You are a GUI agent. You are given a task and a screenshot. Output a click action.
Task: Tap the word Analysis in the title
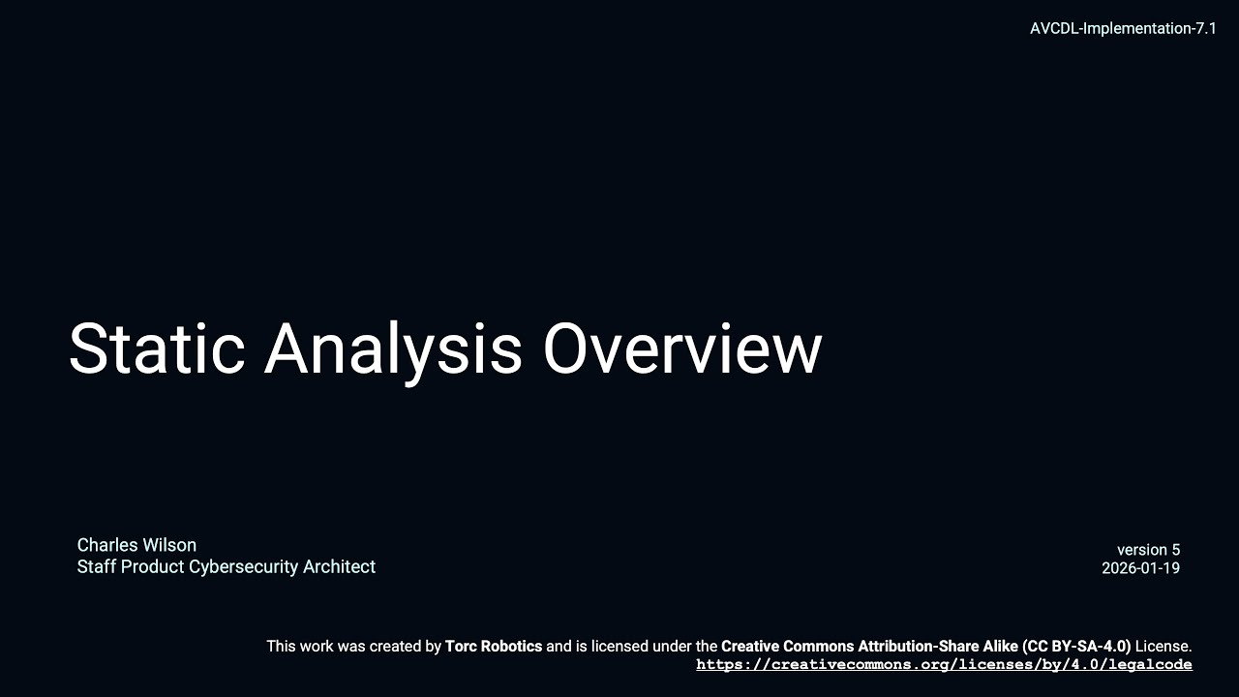pyautogui.click(x=393, y=349)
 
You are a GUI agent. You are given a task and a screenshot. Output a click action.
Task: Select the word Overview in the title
pyautogui.click(x=681, y=349)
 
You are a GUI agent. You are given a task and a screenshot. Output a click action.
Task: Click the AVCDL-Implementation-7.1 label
pyautogui.click(x=1123, y=28)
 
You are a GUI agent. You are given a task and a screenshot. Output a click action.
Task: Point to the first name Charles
pyautogui.click(x=107, y=545)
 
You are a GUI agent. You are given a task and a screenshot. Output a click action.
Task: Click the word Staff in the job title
pyautogui.click(x=95, y=567)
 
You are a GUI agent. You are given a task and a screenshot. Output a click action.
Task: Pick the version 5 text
pyautogui.click(x=1148, y=550)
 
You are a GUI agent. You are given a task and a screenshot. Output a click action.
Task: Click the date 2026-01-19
pyautogui.click(x=1140, y=568)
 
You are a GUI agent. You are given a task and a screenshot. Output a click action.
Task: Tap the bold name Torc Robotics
pyautogui.click(x=494, y=646)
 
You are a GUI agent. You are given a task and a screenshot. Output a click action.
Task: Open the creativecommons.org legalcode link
pyautogui.click(x=944, y=665)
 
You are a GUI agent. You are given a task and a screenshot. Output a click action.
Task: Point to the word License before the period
pyautogui.click(x=1162, y=646)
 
